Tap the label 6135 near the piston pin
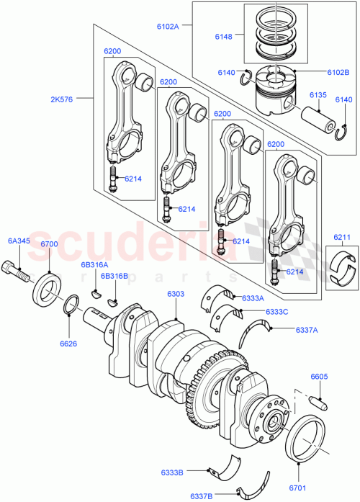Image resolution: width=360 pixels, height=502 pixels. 318,94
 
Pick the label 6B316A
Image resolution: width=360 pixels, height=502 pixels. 94,265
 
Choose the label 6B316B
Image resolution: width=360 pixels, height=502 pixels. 114,276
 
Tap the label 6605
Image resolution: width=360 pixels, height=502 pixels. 320,376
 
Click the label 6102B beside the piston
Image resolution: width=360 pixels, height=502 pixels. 337,72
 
